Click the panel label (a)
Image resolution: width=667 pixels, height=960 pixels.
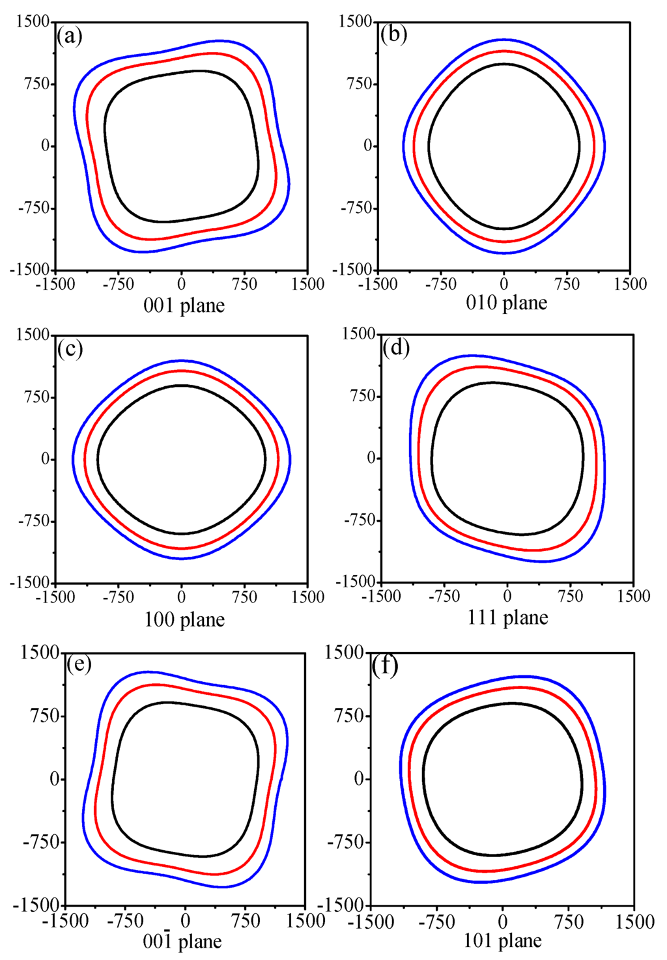[70, 36]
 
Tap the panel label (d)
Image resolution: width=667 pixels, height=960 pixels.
[396, 348]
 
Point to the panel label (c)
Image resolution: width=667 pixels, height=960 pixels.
[70, 349]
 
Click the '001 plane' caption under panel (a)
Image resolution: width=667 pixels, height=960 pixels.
[184, 305]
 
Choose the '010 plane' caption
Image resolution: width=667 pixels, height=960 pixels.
[507, 303]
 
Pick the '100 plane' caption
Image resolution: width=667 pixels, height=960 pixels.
[184, 619]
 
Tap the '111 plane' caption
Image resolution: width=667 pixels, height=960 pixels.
[507, 617]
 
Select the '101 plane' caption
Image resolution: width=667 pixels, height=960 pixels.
[503, 941]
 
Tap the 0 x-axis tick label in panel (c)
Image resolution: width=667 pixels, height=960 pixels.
[182, 597]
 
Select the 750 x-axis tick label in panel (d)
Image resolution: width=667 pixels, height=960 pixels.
[571, 596]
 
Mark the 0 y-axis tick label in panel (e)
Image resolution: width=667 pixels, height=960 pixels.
[55, 780]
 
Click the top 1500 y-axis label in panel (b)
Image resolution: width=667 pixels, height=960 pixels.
[356, 21]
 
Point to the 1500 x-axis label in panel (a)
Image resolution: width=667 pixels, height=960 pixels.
[308, 285]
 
